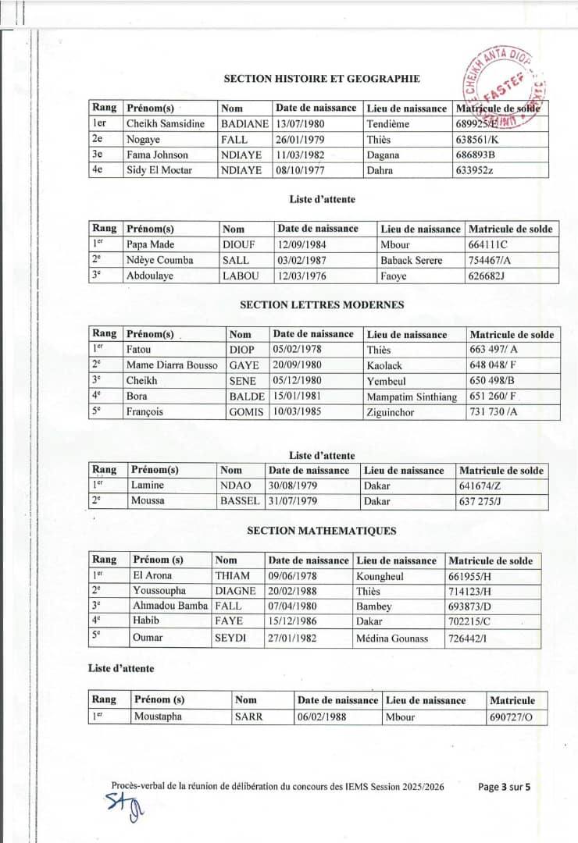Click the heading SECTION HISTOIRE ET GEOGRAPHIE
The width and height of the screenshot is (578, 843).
point(322,78)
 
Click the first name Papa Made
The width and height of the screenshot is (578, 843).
point(150,244)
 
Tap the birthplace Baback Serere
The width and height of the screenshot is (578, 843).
point(411,260)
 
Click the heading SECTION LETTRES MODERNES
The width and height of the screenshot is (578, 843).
point(322,304)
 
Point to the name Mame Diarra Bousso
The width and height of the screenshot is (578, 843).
point(172,365)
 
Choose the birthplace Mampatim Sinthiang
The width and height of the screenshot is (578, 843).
point(412,397)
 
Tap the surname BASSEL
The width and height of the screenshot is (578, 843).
point(239,500)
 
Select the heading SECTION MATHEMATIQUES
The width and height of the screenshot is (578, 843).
point(322,531)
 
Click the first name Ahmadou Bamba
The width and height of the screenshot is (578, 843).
point(170,606)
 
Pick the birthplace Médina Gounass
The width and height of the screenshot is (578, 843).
point(392,638)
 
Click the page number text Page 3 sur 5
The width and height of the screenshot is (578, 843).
point(505,787)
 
